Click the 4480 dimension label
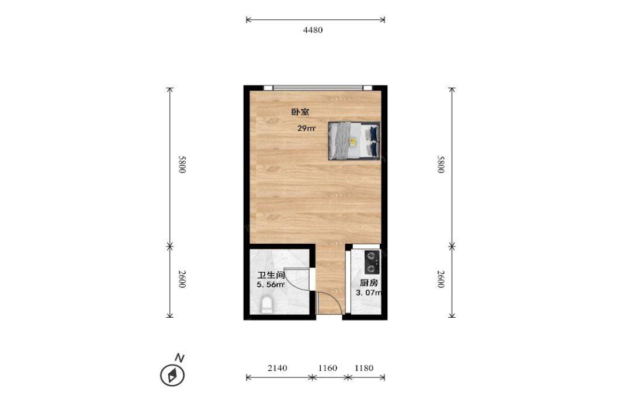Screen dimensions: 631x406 click(x=313, y=30)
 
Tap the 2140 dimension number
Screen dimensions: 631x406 click(x=278, y=368)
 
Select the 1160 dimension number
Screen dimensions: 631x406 click(x=328, y=368)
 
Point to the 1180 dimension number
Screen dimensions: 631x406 click(x=364, y=368)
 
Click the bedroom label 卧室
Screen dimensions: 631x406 click(x=300, y=112)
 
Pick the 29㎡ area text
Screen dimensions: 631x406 click(x=306, y=129)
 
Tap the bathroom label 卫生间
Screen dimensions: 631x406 click(x=271, y=276)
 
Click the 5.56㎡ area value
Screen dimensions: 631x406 click(x=271, y=285)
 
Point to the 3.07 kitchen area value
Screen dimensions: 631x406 click(x=368, y=293)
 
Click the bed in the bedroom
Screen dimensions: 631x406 click(x=354, y=141)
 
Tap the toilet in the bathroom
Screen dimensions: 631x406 click(x=266, y=305)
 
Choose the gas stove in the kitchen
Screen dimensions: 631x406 click(x=372, y=262)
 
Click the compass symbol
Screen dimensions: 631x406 click(x=172, y=376)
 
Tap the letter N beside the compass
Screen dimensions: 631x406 click(x=179, y=358)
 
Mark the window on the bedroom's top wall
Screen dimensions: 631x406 click(x=318, y=88)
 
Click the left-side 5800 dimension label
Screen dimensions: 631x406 click(x=182, y=165)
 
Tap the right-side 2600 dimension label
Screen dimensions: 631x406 click(x=441, y=279)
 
